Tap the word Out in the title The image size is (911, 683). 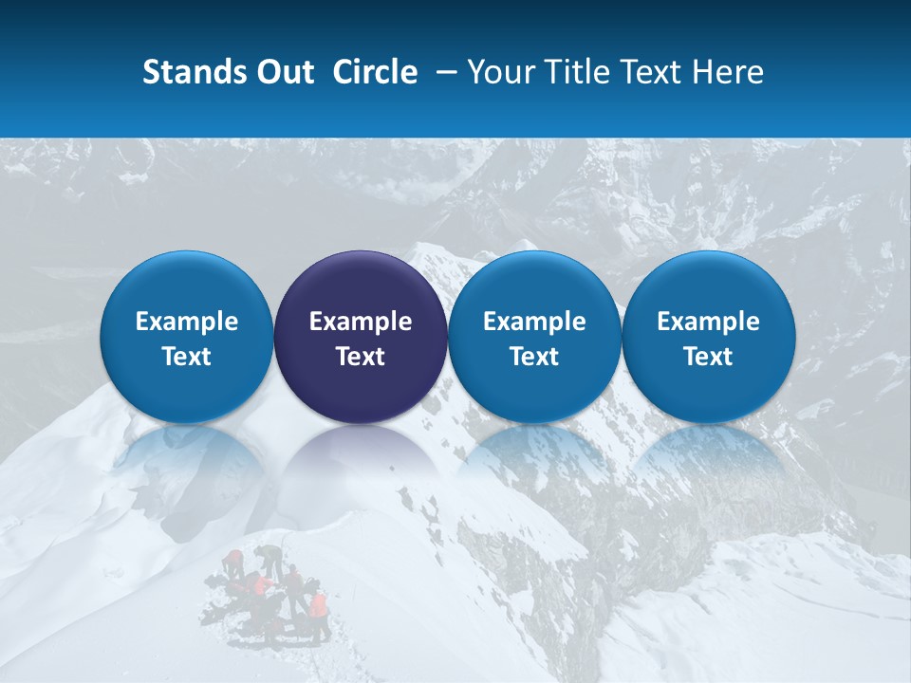click(283, 72)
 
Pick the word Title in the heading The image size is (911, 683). click(579, 72)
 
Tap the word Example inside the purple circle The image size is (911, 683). click(361, 322)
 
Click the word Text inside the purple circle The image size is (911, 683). click(361, 357)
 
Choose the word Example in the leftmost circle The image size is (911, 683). click(186, 322)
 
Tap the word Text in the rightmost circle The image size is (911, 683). click(708, 357)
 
